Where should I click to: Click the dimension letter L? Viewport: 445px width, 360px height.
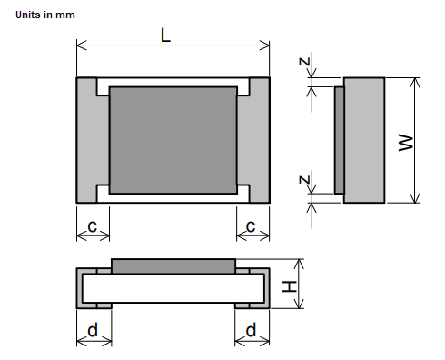(x=166, y=35)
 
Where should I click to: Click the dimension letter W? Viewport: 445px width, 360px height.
(x=407, y=143)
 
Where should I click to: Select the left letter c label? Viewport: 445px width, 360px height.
(x=92, y=225)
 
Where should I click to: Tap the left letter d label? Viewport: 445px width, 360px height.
(x=92, y=331)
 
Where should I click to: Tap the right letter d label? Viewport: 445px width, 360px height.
(x=251, y=331)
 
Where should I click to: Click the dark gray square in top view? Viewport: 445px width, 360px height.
(x=173, y=140)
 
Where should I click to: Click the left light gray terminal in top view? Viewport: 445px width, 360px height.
(x=86, y=140)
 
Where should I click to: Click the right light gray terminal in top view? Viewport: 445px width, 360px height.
(x=259, y=140)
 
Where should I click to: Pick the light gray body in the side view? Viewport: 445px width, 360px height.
(x=364, y=140)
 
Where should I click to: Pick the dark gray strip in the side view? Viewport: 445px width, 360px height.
(x=339, y=140)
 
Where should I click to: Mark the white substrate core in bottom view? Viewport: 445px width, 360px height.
(x=173, y=287)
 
